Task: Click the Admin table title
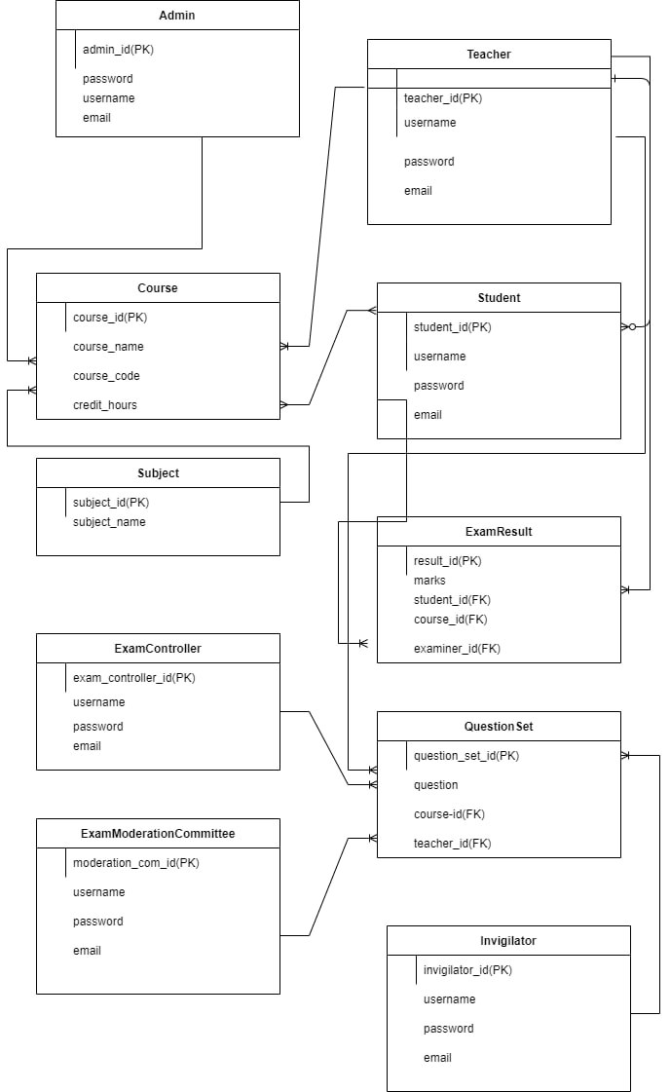click(x=177, y=16)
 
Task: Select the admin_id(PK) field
click(x=118, y=50)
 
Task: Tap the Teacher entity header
click(x=488, y=55)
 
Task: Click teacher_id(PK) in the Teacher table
click(x=442, y=98)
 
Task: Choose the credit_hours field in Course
click(x=104, y=405)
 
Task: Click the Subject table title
click(x=158, y=473)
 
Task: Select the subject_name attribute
click(x=109, y=522)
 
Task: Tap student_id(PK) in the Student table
click(x=452, y=327)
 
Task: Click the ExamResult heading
click(x=499, y=532)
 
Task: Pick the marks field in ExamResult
click(x=429, y=581)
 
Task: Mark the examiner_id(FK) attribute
click(x=457, y=649)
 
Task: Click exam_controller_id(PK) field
click(x=133, y=678)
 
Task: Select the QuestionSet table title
click(x=499, y=727)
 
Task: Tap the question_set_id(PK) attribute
click(x=465, y=756)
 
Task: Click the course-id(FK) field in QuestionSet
click(x=449, y=814)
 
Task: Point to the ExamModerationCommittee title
click(x=158, y=834)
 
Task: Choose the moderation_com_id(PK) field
click(x=135, y=863)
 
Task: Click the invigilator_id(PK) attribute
click(x=467, y=970)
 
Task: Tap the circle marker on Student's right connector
click(x=632, y=327)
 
